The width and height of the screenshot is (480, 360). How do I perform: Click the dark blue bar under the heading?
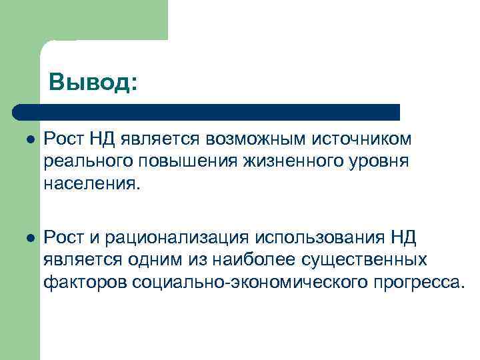(x=207, y=111)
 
